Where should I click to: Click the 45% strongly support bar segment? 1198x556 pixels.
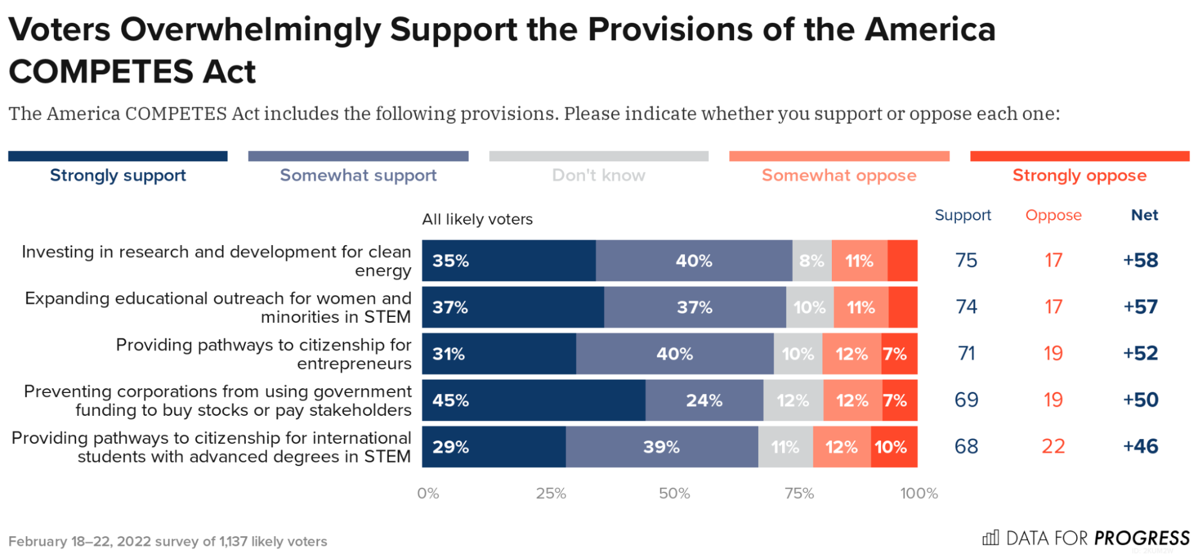pos(533,400)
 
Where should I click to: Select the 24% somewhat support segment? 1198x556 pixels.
pos(704,400)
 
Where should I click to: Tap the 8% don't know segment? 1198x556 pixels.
pos(811,261)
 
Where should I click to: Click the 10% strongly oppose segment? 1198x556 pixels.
pos(893,447)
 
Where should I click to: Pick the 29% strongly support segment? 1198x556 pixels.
pos(493,447)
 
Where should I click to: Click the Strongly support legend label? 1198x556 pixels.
pos(118,176)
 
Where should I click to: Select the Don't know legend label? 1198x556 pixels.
pos(598,176)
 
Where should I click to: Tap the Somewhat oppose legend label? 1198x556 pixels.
pos(838,176)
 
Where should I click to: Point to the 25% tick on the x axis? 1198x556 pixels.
pos(551,493)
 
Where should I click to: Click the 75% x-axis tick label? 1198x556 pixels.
pos(799,493)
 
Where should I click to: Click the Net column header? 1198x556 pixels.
pos(1144,215)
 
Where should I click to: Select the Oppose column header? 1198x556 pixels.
pos(1053,215)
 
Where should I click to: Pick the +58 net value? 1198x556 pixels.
pos(1140,260)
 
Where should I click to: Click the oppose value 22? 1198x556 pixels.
pos(1053,446)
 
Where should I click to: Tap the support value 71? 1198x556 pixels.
pos(966,353)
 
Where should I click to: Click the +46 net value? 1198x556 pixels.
pos(1140,446)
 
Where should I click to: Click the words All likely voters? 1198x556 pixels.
pos(477,219)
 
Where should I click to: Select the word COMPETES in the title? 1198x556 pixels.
pos(101,72)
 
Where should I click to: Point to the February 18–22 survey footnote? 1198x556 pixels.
pos(168,542)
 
